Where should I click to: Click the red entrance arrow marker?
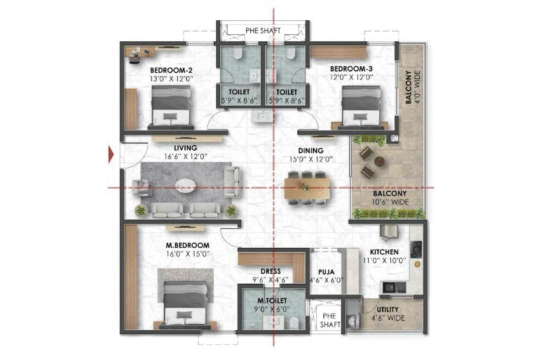coord(111,154)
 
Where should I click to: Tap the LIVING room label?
coord(185,148)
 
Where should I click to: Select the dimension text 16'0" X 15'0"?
coord(188,254)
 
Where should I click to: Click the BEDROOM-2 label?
coord(171,71)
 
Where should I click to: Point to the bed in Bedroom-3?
coord(361,108)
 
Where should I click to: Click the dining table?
coord(307,188)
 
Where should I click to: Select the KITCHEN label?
coord(384,252)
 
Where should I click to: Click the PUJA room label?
coord(326,272)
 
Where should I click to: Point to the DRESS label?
coord(271,271)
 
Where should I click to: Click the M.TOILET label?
coord(272,301)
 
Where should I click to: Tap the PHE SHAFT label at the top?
coord(263,30)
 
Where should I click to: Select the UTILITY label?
coord(387,309)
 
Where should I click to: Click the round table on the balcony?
coord(379,161)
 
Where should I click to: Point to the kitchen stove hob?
coord(416,247)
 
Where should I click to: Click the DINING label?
coord(311,150)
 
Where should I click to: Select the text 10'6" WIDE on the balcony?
coord(390,202)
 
